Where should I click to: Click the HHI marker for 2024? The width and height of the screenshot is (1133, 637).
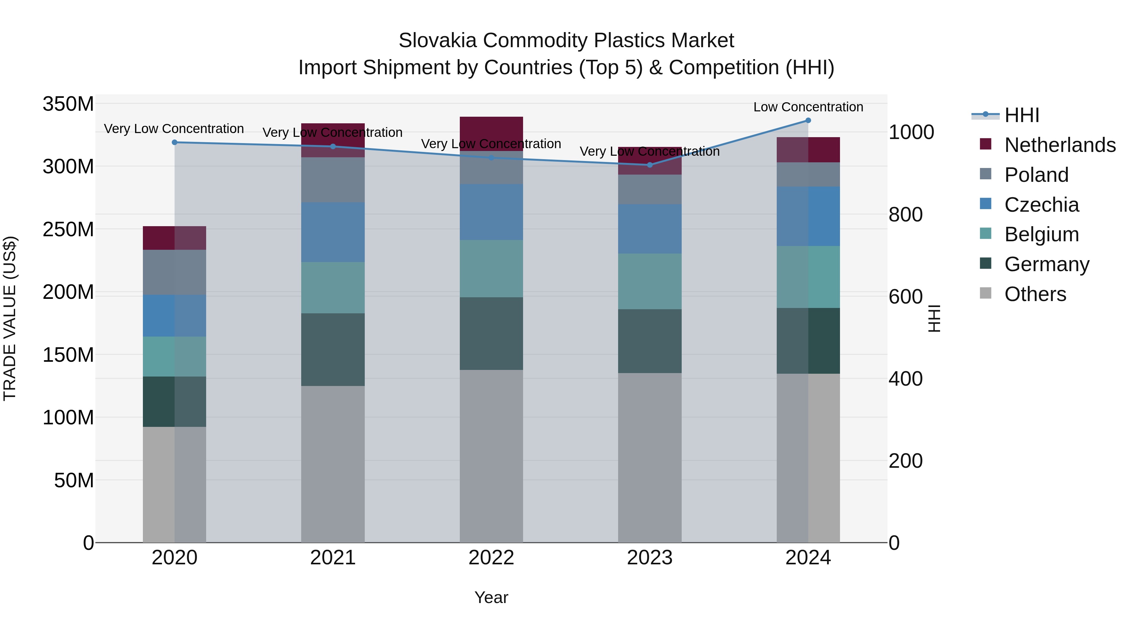point(808,120)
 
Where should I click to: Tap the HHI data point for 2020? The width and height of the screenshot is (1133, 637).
point(175,142)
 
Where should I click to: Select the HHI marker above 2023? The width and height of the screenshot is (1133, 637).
point(650,165)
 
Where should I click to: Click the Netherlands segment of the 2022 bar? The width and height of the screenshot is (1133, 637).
point(491,134)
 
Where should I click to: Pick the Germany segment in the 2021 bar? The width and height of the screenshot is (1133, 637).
point(333,349)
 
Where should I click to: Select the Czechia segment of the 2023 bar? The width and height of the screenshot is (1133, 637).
point(650,229)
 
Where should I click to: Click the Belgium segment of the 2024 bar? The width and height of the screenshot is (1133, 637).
point(808,277)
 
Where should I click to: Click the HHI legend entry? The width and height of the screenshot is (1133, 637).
point(1021,115)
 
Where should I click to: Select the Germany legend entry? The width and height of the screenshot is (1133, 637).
point(1046,264)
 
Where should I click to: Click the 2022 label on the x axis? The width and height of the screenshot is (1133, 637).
point(491,558)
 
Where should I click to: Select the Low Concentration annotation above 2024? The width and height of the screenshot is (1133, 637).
point(808,107)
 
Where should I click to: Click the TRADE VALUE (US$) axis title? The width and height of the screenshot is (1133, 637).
point(10,318)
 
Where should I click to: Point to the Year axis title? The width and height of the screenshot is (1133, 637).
point(491,597)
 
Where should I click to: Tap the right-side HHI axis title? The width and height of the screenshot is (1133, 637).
point(934,318)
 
